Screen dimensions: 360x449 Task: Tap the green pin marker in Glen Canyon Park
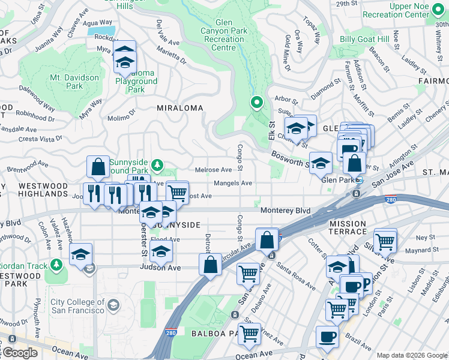click(257, 103)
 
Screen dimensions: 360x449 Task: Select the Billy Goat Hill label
click(364, 39)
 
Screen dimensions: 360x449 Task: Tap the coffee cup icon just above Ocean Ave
click(327, 337)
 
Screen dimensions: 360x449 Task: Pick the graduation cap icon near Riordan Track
click(80, 254)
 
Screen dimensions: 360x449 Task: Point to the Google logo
click(19, 353)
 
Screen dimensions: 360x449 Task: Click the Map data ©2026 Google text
click(412, 355)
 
